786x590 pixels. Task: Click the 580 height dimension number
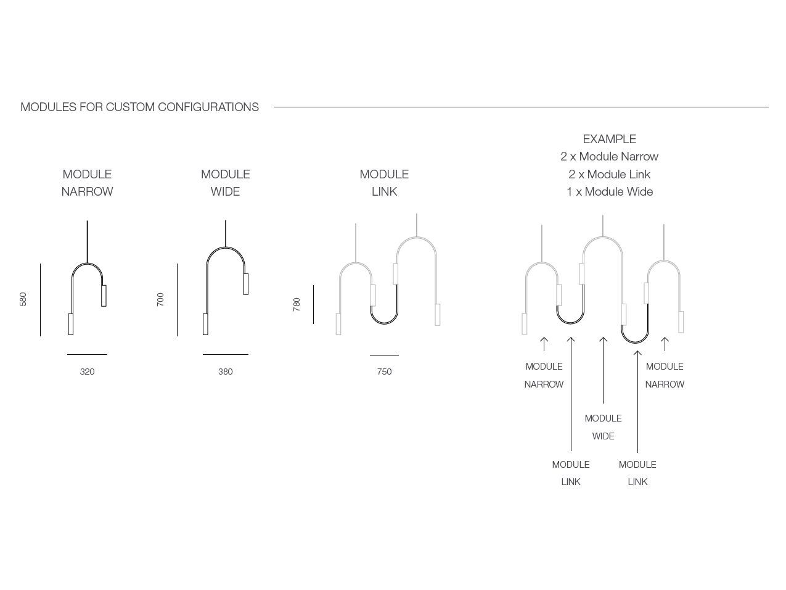tap(23, 299)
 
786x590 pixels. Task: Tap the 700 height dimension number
tap(160, 299)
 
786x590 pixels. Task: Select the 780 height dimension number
tap(297, 304)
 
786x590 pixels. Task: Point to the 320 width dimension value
tap(87, 372)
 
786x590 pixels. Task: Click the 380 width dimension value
tap(225, 372)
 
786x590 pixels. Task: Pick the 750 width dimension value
tap(384, 372)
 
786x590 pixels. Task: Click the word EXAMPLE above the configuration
tap(610, 139)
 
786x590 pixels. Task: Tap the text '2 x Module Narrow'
tap(610, 157)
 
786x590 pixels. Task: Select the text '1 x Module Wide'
tap(610, 192)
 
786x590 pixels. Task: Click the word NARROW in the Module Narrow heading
tap(87, 192)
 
